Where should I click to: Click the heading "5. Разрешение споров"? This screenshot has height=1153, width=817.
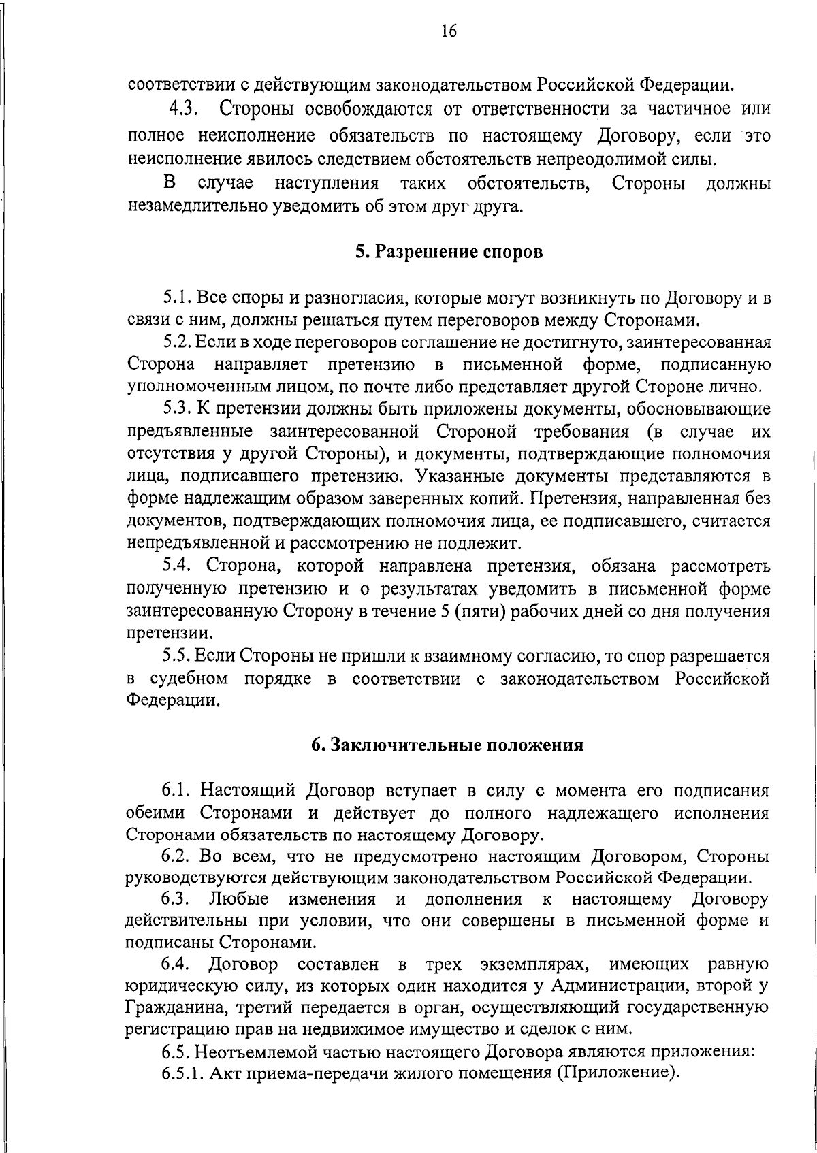coord(449,252)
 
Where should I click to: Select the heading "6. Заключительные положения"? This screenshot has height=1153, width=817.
coord(448,745)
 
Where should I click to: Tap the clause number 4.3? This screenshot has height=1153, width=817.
coord(183,108)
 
